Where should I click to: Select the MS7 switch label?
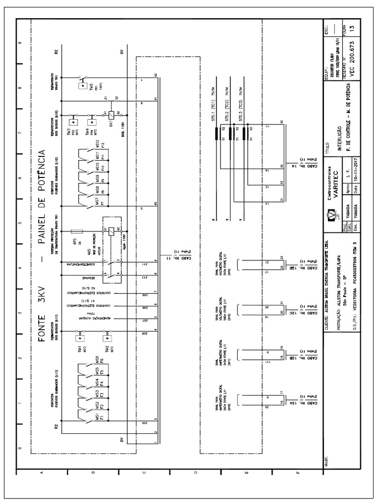pos(98,202)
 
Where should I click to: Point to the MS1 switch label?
pos(98,417)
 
